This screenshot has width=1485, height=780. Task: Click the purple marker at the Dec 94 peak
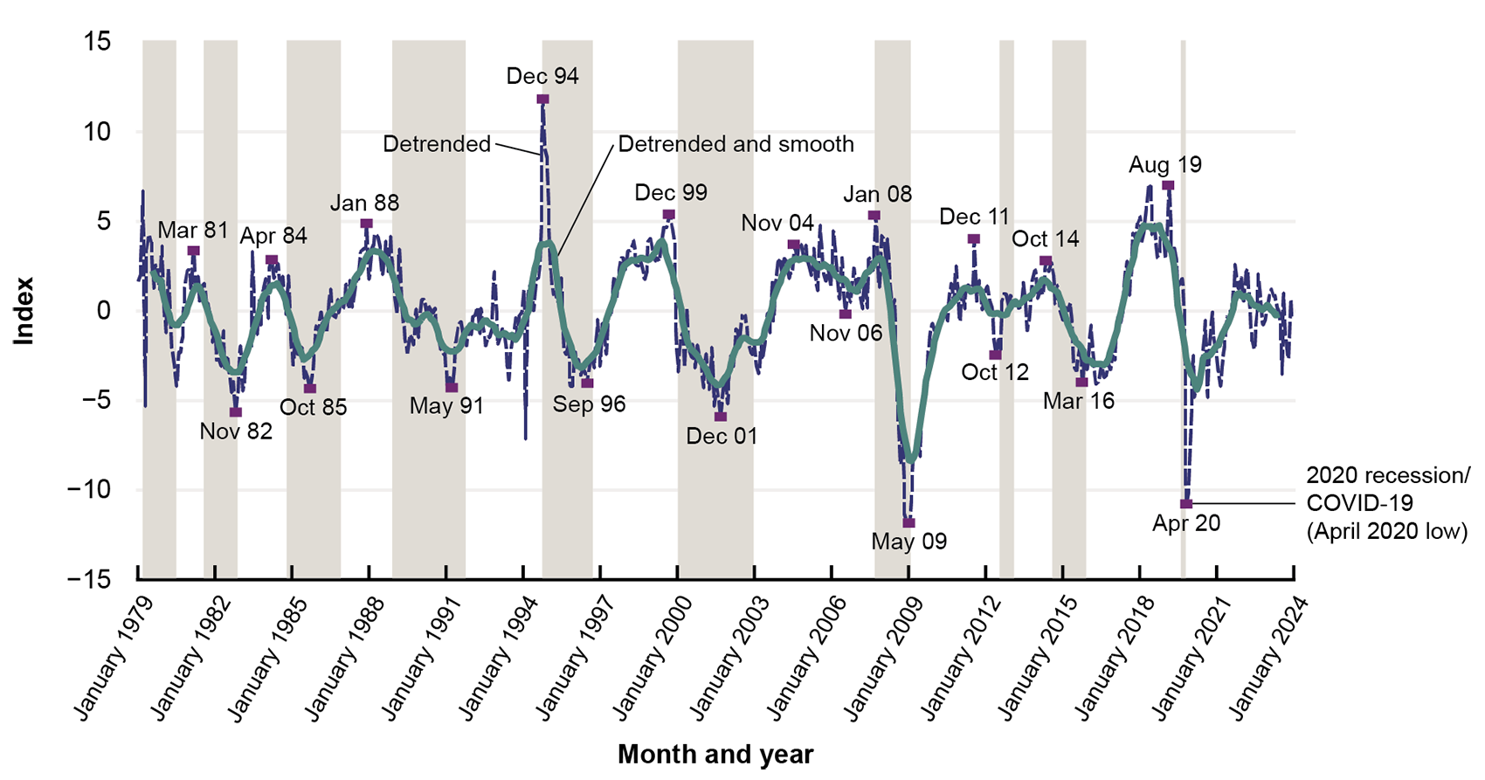click(542, 100)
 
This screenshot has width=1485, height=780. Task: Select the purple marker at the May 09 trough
click(909, 523)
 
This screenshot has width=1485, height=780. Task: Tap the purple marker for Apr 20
click(1186, 504)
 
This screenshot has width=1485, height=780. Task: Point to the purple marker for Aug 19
click(1169, 186)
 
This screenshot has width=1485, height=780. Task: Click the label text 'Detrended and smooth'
click(736, 144)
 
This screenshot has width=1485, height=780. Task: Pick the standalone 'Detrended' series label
click(437, 144)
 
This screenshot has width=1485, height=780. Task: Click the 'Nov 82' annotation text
click(236, 431)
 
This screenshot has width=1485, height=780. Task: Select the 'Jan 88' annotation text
click(364, 204)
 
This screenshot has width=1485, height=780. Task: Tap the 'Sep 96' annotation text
click(589, 404)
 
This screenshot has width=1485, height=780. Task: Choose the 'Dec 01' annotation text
click(722, 437)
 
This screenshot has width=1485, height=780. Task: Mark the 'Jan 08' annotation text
click(877, 194)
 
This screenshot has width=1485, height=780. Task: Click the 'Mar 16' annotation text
click(1079, 402)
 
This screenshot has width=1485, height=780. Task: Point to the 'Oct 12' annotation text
click(995, 373)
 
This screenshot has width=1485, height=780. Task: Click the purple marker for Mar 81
click(194, 252)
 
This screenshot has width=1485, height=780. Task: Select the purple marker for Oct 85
click(310, 389)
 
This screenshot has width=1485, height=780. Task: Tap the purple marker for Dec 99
click(668, 215)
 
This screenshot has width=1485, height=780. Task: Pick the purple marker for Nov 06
click(846, 314)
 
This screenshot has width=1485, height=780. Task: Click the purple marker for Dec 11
click(974, 239)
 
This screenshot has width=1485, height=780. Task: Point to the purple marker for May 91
click(452, 388)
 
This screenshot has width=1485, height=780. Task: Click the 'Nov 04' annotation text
click(777, 224)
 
